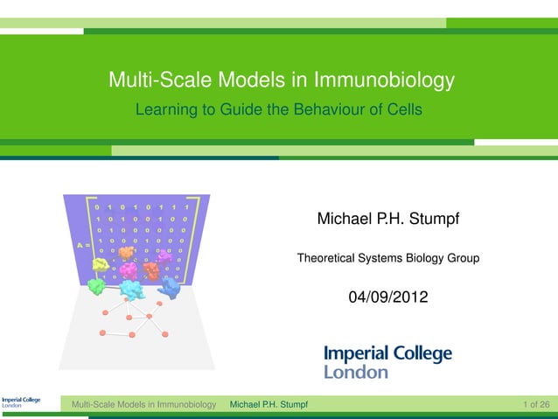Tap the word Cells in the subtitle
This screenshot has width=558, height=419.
tap(402, 111)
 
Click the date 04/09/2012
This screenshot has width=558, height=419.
tap(388, 297)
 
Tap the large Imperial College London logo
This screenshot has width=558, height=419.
tap(388, 361)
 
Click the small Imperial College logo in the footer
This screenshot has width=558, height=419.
tap(20, 403)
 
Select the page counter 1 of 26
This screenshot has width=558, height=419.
tap(535, 404)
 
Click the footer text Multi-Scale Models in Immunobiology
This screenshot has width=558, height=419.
tap(143, 404)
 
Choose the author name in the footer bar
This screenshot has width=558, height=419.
tap(269, 404)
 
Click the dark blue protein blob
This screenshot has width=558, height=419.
tap(169, 288)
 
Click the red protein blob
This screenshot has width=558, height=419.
tap(150, 270)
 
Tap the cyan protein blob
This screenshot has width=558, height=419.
tap(131, 288)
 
